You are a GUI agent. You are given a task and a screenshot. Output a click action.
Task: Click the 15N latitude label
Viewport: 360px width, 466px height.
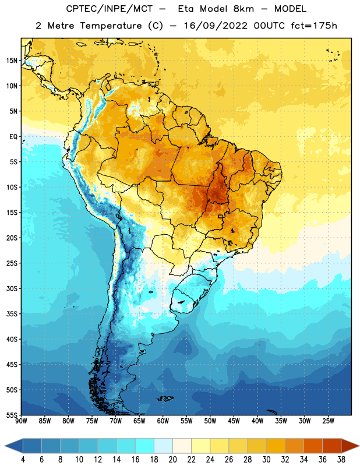click(12, 61)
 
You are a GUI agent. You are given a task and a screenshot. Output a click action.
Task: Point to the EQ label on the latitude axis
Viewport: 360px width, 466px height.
click(13, 137)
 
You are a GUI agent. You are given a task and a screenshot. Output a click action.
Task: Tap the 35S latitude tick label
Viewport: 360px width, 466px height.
click(12, 314)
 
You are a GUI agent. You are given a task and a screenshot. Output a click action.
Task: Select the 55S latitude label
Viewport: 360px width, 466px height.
click(12, 415)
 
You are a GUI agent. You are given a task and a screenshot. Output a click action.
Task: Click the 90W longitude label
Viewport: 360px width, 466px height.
click(21, 421)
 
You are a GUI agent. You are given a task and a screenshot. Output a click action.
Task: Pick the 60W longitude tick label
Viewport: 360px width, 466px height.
click(163, 421)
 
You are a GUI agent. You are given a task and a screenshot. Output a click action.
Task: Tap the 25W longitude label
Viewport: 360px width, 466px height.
click(328, 421)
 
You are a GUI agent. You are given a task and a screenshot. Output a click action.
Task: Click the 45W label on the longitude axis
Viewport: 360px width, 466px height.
click(234, 421)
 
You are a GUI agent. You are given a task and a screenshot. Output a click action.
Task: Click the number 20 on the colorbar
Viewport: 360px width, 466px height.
click(172, 459)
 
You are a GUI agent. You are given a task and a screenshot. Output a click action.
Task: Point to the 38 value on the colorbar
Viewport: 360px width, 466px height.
click(341, 459)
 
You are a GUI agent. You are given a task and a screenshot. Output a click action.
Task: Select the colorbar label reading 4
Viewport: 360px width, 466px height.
click(23, 459)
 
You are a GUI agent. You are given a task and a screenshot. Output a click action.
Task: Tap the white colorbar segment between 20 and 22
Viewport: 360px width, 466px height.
click(182, 446)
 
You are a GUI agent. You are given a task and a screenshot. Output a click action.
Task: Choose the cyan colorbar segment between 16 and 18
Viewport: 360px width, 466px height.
click(144, 446)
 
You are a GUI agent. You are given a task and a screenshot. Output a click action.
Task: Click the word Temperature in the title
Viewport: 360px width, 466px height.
click(111, 26)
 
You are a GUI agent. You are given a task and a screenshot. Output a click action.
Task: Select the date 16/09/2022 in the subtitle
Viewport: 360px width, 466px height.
click(216, 26)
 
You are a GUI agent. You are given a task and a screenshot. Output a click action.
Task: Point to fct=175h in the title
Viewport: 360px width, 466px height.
click(314, 26)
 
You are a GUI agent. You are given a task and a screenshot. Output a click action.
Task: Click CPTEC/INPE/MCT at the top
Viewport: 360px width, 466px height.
click(109, 9)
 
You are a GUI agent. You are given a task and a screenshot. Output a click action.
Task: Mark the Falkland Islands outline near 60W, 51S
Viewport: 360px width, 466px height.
click(165, 398)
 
